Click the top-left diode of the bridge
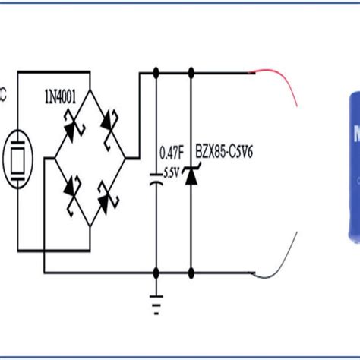70,132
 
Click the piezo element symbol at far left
17,159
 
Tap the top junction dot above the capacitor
156,74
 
